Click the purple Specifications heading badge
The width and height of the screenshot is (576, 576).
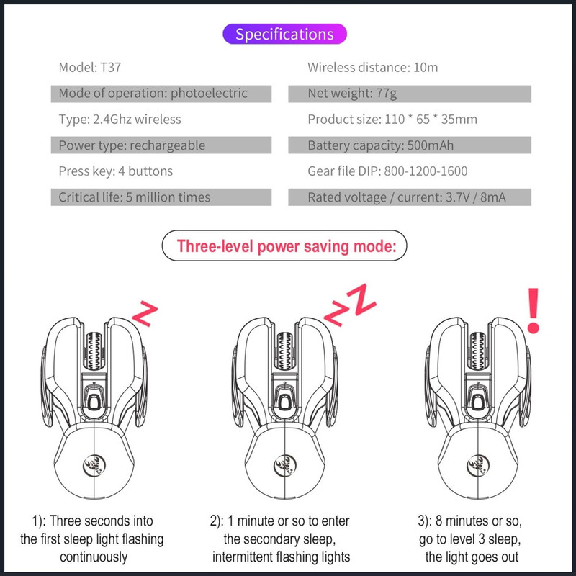pyautogui.click(x=284, y=34)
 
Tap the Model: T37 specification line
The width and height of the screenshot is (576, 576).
pyautogui.click(x=90, y=67)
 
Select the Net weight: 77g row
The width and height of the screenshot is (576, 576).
pyautogui.click(x=410, y=94)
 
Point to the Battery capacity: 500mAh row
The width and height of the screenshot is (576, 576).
pyautogui.click(x=410, y=145)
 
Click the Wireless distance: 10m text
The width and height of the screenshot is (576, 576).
pyautogui.click(x=372, y=67)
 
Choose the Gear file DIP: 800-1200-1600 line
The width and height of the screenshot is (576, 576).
pyautogui.click(x=387, y=171)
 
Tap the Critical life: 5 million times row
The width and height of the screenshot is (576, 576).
pyautogui.click(x=161, y=197)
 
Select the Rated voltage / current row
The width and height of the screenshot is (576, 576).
pyautogui.click(x=410, y=197)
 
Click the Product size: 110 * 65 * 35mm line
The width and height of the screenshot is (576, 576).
pyautogui.click(x=392, y=120)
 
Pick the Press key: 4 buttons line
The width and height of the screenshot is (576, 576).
pyautogui.click(x=116, y=171)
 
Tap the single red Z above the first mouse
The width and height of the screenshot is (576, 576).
pyautogui.click(x=145, y=313)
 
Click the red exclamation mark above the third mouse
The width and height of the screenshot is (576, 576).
pyautogui.click(x=534, y=310)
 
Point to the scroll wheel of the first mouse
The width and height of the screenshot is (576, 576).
pyautogui.click(x=94, y=351)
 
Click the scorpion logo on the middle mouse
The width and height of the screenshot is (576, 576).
pyautogui.click(x=284, y=466)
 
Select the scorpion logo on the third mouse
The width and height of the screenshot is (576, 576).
pyautogui.click(x=478, y=466)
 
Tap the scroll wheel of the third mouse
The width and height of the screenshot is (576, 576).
pyautogui.click(x=478, y=351)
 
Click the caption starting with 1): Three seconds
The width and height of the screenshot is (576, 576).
pyautogui.click(x=92, y=539)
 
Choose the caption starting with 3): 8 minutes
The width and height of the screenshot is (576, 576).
pyautogui.click(x=470, y=539)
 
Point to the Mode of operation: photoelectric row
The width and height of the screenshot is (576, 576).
pyautogui.click(x=161, y=94)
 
